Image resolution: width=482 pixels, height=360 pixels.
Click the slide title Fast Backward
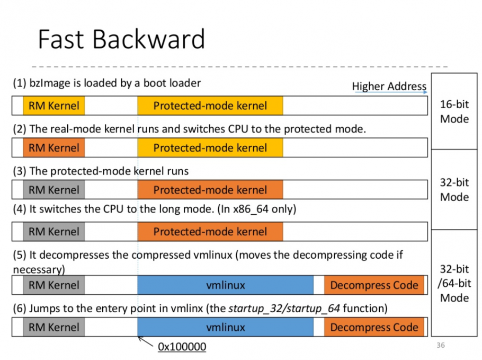point(121,39)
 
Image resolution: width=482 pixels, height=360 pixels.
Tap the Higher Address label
point(389,86)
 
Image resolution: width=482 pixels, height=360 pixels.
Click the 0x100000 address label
point(182,347)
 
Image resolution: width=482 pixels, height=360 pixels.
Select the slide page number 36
point(441,345)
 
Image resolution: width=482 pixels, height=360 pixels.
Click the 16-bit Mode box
point(454,111)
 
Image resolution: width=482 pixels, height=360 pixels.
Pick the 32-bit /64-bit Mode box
point(454,283)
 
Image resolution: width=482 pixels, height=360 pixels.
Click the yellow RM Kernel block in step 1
point(54,106)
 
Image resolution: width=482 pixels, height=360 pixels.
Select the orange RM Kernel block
point(54,148)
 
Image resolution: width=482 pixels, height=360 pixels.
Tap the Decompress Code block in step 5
point(374,285)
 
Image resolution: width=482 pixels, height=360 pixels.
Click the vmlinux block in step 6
point(225,327)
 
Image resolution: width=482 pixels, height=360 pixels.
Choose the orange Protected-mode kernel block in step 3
point(210,189)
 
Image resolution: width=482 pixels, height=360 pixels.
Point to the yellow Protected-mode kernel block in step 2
point(210,148)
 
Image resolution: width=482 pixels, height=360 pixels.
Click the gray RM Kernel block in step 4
point(54,231)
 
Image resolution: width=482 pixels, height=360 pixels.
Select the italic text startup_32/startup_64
point(284,309)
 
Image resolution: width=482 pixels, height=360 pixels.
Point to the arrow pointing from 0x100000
point(146,342)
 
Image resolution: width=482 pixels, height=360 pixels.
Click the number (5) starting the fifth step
point(20,255)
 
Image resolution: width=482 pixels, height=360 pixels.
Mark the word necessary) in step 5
point(39,270)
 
